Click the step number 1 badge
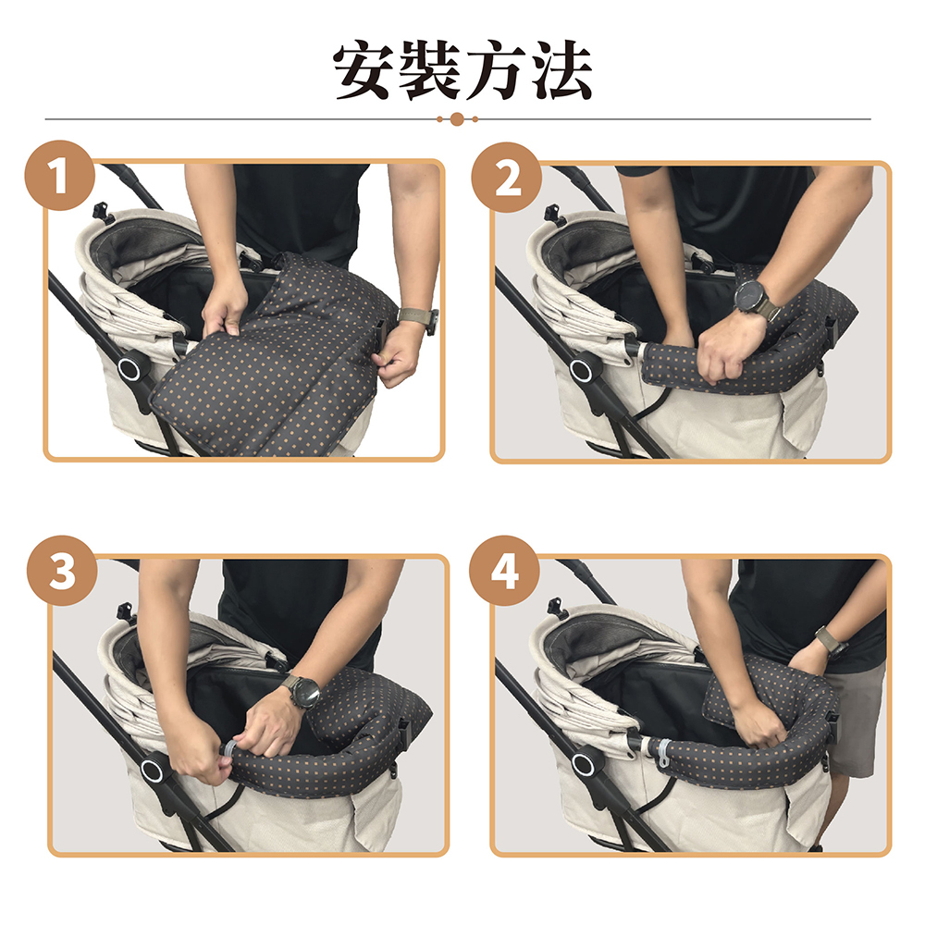[59, 176]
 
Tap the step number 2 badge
[507, 177]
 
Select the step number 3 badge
[62, 571]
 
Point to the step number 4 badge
[504, 571]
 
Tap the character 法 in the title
[561, 70]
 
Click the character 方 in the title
[496, 70]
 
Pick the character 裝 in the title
[430, 70]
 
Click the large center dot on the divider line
[457, 119]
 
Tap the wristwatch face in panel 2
[751, 297]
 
